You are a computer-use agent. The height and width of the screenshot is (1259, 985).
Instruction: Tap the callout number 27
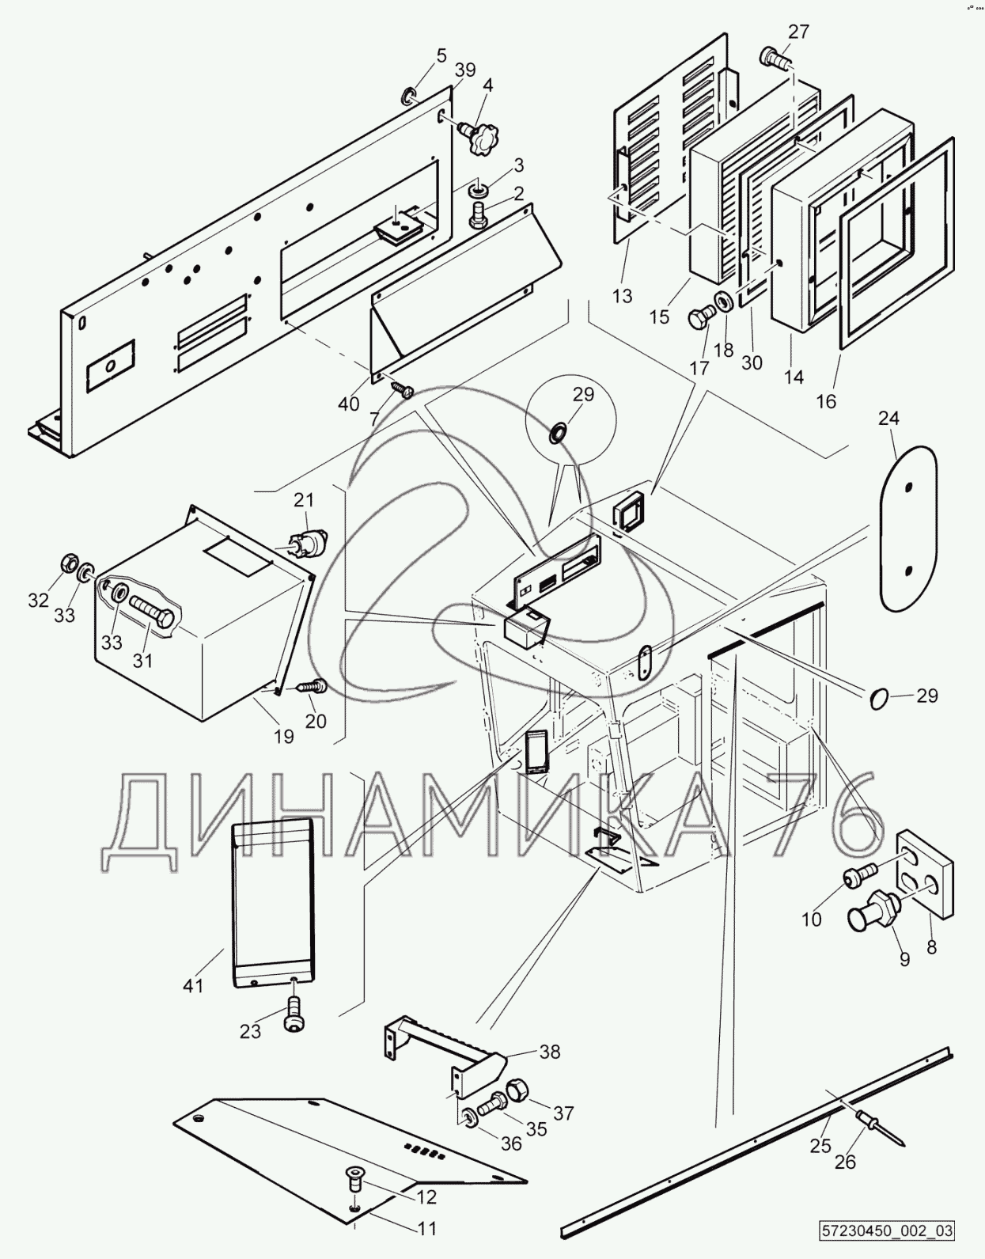(798, 32)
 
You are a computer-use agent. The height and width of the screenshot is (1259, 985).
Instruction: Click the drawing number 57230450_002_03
(886, 1231)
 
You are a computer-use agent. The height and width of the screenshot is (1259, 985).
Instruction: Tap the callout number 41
(194, 986)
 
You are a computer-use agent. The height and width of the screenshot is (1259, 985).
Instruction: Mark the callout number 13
(623, 296)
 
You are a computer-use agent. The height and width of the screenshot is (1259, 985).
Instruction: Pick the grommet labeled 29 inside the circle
(559, 432)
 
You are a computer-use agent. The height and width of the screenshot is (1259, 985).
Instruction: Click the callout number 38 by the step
(549, 1052)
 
